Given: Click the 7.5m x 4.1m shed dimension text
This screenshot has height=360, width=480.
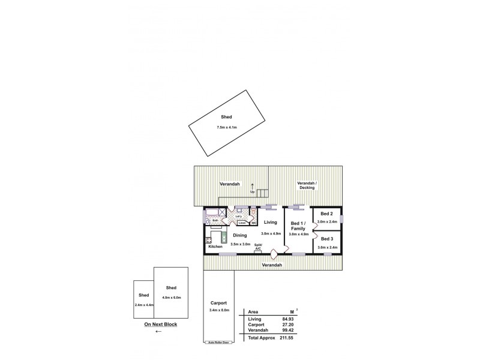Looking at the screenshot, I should [227, 128].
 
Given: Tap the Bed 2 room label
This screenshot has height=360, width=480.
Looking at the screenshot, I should [326, 214].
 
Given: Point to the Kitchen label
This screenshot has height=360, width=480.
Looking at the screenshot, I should [215, 247].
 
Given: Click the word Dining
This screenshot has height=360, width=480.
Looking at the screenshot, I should [240, 235].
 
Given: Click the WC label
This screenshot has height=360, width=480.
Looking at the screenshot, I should [254, 223].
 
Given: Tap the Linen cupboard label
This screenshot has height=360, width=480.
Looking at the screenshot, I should [242, 223].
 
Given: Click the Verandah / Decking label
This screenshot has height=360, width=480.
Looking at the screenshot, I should [307, 185].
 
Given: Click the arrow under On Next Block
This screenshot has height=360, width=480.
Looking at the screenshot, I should [158, 331].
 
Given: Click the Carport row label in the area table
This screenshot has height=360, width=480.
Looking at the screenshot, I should [256, 325].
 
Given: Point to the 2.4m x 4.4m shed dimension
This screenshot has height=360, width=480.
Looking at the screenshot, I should [144, 305].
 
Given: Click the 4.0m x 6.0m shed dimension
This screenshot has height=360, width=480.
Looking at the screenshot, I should [172, 298].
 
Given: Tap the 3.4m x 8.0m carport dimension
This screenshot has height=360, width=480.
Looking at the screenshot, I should [218, 310].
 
